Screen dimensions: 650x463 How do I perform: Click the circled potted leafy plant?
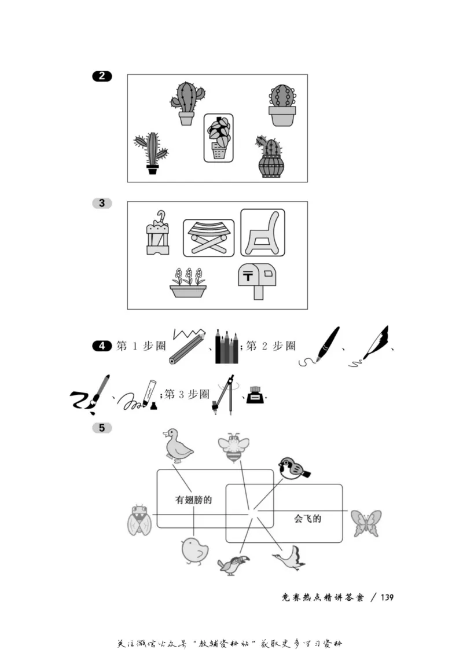tap(218, 138)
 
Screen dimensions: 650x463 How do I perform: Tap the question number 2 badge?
tap(102, 76)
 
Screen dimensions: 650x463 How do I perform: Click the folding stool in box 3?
tap(208, 237)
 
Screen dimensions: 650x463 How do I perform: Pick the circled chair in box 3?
tap(263, 233)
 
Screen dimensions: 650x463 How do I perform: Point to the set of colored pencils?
tap(226, 346)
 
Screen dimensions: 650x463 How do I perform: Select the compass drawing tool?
tap(226, 395)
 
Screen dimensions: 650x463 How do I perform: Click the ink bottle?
tap(254, 396)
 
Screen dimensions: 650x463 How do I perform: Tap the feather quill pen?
tap(371, 347)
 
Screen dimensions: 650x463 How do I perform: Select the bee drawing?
tap(233, 448)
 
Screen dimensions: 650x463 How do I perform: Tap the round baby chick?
tap(194, 550)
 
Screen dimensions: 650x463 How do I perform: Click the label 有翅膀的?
tap(193, 500)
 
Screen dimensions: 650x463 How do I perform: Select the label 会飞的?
tap(307, 519)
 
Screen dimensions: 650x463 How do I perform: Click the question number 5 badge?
tap(102, 428)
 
